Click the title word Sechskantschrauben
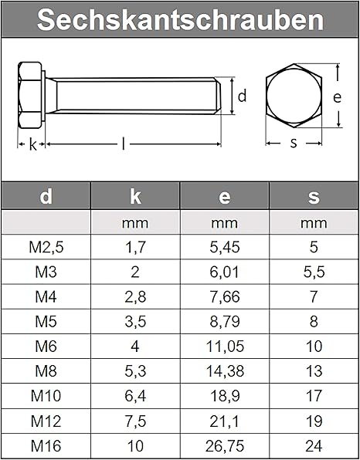click(180, 20)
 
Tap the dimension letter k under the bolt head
click(32, 144)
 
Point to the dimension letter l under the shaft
click(124, 144)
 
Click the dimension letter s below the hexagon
click(294, 144)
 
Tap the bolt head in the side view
click(32, 96)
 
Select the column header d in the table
click(46, 197)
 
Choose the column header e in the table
click(224, 197)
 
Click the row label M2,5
click(46, 247)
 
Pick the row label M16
click(46, 446)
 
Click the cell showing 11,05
click(224, 347)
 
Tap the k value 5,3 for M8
click(135, 371)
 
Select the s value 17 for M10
click(314, 396)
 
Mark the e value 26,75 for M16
click(224, 446)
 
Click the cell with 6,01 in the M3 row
click(224, 272)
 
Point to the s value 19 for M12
click(314, 421)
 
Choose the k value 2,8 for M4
click(135, 296)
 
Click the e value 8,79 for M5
click(224, 322)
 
